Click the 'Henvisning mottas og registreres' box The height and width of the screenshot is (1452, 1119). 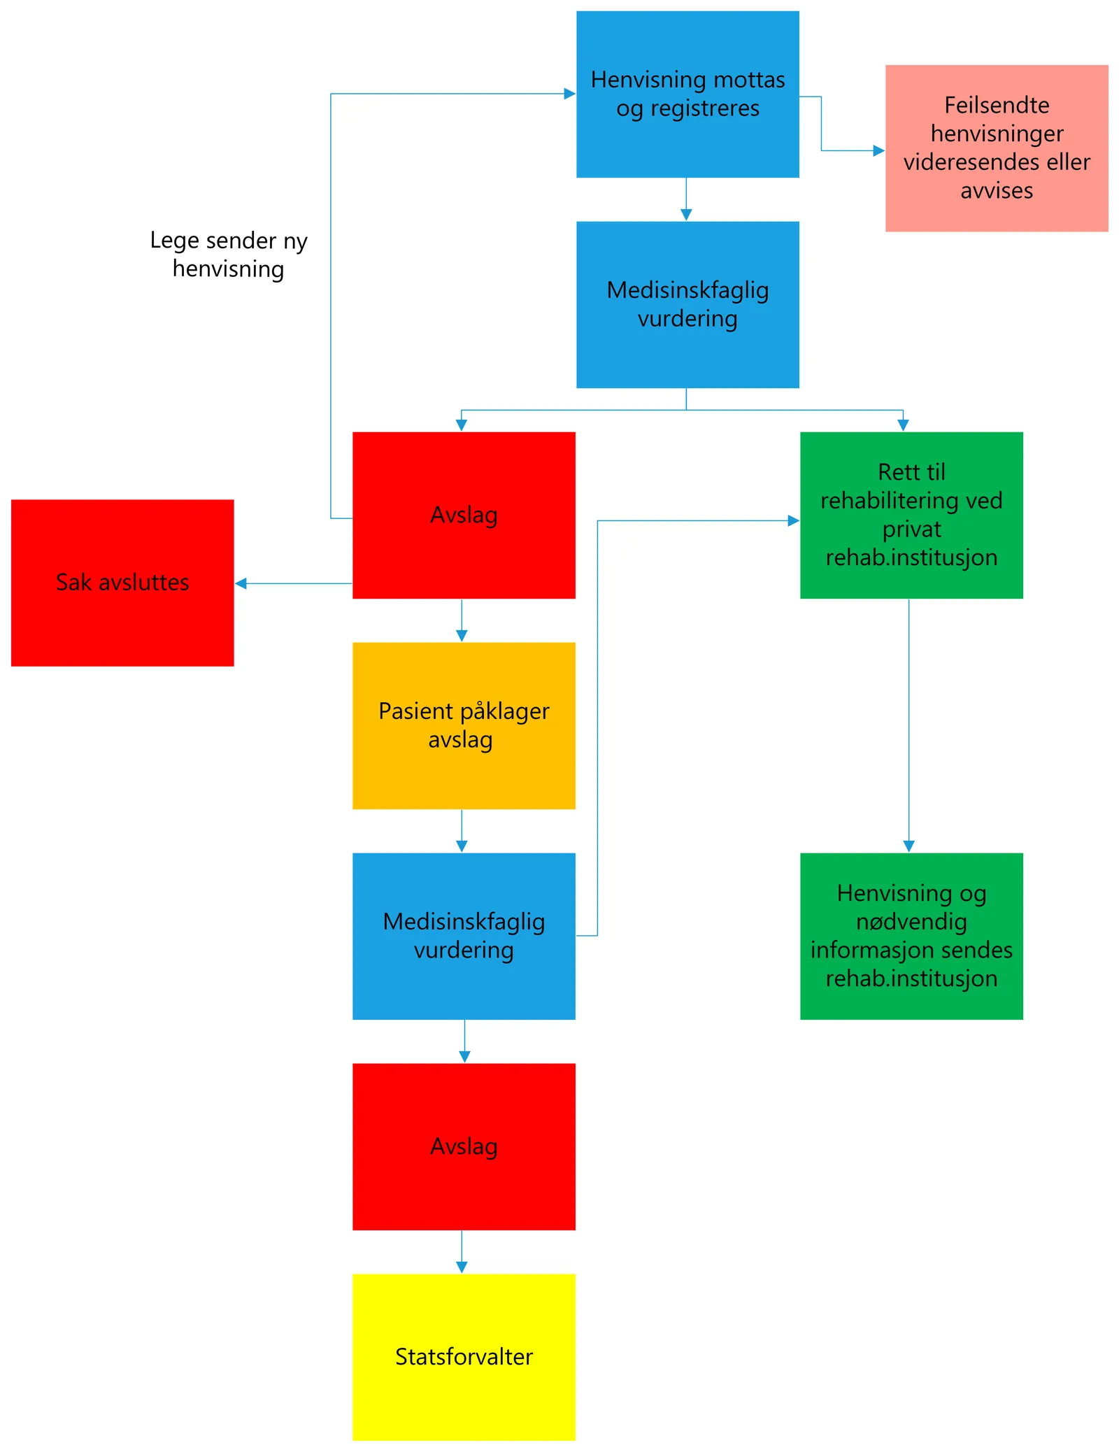[687, 94]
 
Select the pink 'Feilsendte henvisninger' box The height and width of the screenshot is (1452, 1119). [996, 148]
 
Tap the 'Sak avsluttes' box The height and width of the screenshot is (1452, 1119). [122, 582]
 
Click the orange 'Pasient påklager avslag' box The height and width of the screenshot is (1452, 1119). [463, 725]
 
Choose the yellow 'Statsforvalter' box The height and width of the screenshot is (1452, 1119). [463, 1356]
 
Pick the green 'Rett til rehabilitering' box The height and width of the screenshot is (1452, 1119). [911, 515]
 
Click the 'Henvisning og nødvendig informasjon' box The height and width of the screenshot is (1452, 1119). [911, 935]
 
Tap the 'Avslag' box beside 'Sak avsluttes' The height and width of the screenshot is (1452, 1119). [463, 515]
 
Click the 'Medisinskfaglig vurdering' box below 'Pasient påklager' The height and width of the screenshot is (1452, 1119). [463, 935]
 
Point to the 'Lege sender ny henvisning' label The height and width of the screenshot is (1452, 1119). [228, 254]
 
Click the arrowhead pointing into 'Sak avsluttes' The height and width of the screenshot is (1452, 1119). [241, 583]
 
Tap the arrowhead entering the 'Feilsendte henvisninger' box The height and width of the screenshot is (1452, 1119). [878, 150]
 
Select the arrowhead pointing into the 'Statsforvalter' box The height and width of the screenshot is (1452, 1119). [462, 1267]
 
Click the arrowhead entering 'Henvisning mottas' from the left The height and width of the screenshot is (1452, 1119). [569, 94]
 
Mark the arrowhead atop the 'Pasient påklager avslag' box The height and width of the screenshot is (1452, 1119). [462, 635]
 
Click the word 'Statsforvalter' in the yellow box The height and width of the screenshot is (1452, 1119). [463, 1356]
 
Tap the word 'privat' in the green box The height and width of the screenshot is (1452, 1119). [911, 529]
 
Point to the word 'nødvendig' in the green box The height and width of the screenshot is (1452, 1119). [911, 921]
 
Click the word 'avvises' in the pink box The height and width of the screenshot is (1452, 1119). [996, 190]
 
